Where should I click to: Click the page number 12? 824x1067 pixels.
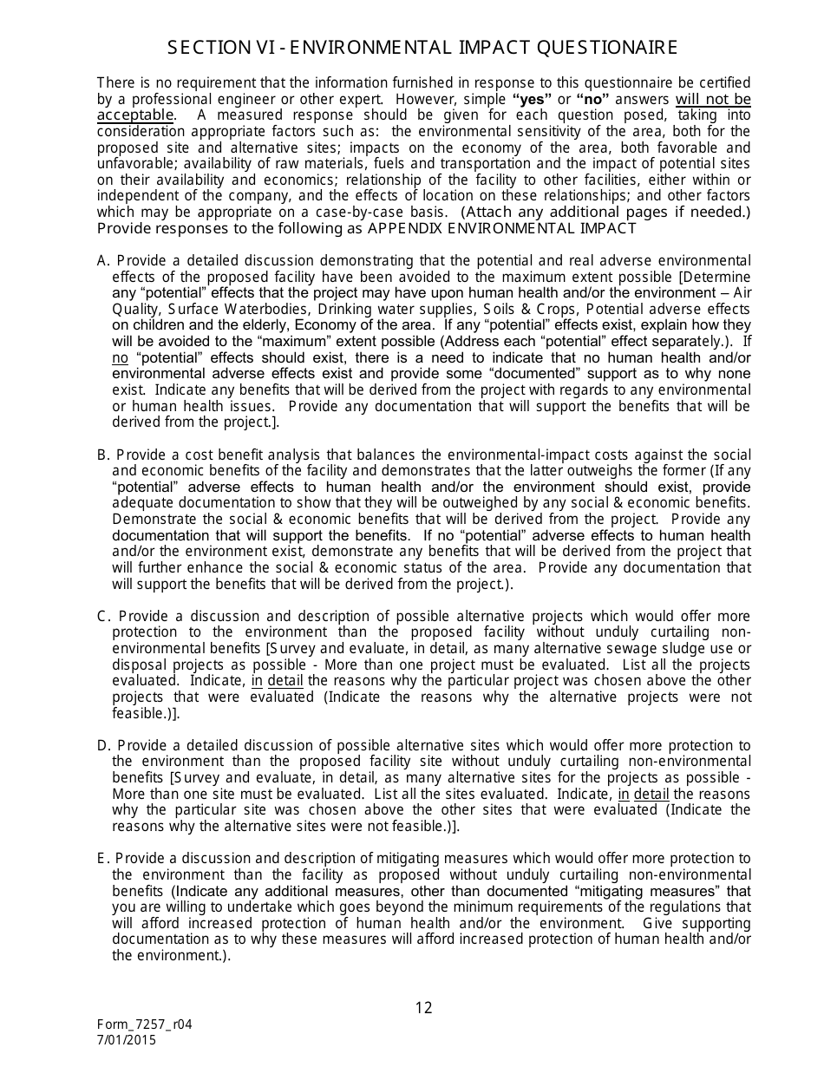(x=423, y=1007)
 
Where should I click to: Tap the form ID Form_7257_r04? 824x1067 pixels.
(x=144, y=1024)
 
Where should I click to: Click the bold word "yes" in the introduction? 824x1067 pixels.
(x=532, y=99)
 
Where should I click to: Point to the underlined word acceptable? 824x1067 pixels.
(x=135, y=115)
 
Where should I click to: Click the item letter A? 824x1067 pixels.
(x=102, y=260)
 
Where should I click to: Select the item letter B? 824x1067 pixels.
(x=102, y=455)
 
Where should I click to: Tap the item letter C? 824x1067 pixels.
(x=102, y=616)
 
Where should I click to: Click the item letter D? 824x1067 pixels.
(x=102, y=745)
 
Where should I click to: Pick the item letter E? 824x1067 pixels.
(x=102, y=858)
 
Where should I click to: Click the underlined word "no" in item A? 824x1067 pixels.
(x=120, y=357)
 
